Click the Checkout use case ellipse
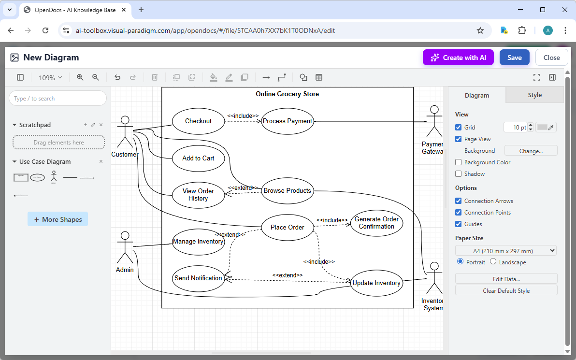coord(198,121)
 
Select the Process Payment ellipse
coord(288,121)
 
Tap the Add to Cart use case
coord(198,158)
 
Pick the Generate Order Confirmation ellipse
coord(376,223)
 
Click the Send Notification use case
coord(198,278)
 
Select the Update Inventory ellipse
coord(376,283)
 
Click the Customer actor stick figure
coord(125,131)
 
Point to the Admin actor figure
coord(125,247)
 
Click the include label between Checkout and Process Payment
coord(243,116)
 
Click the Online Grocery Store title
coord(287,94)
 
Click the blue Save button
coord(514,58)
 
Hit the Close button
coord(551,58)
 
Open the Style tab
coord(534,95)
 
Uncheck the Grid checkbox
coord(459,128)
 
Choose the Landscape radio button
coord(493,262)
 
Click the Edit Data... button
coord(506,279)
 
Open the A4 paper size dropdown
coord(506,251)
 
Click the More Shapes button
coord(58,219)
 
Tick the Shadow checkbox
coord(459,174)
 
